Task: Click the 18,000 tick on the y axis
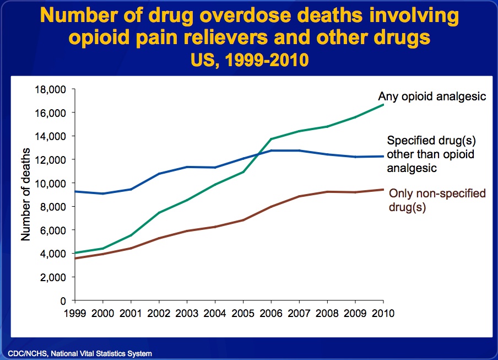pyautogui.click(x=51, y=89)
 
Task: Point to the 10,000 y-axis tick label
pyautogui.click(x=51, y=183)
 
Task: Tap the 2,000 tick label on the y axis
pyautogui.click(x=53, y=277)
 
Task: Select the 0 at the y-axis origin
pyautogui.click(x=63, y=300)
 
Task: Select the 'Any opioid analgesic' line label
pyautogui.click(x=431, y=97)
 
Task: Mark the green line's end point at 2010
pyautogui.click(x=383, y=104)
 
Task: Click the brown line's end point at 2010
pyautogui.click(x=383, y=190)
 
